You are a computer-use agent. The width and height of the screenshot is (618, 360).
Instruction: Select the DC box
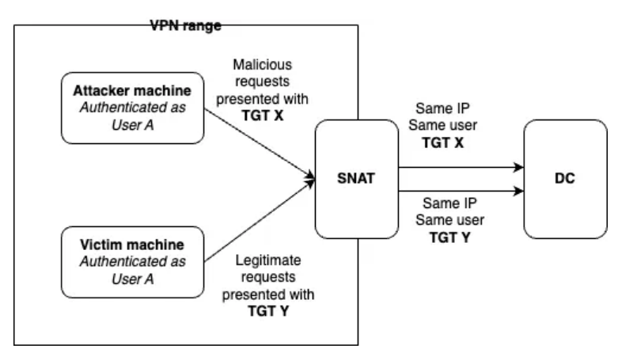(x=564, y=179)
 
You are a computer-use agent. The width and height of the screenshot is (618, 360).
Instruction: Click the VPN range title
(x=185, y=26)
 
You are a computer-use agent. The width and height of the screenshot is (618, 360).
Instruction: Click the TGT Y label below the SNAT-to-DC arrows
(x=449, y=235)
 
